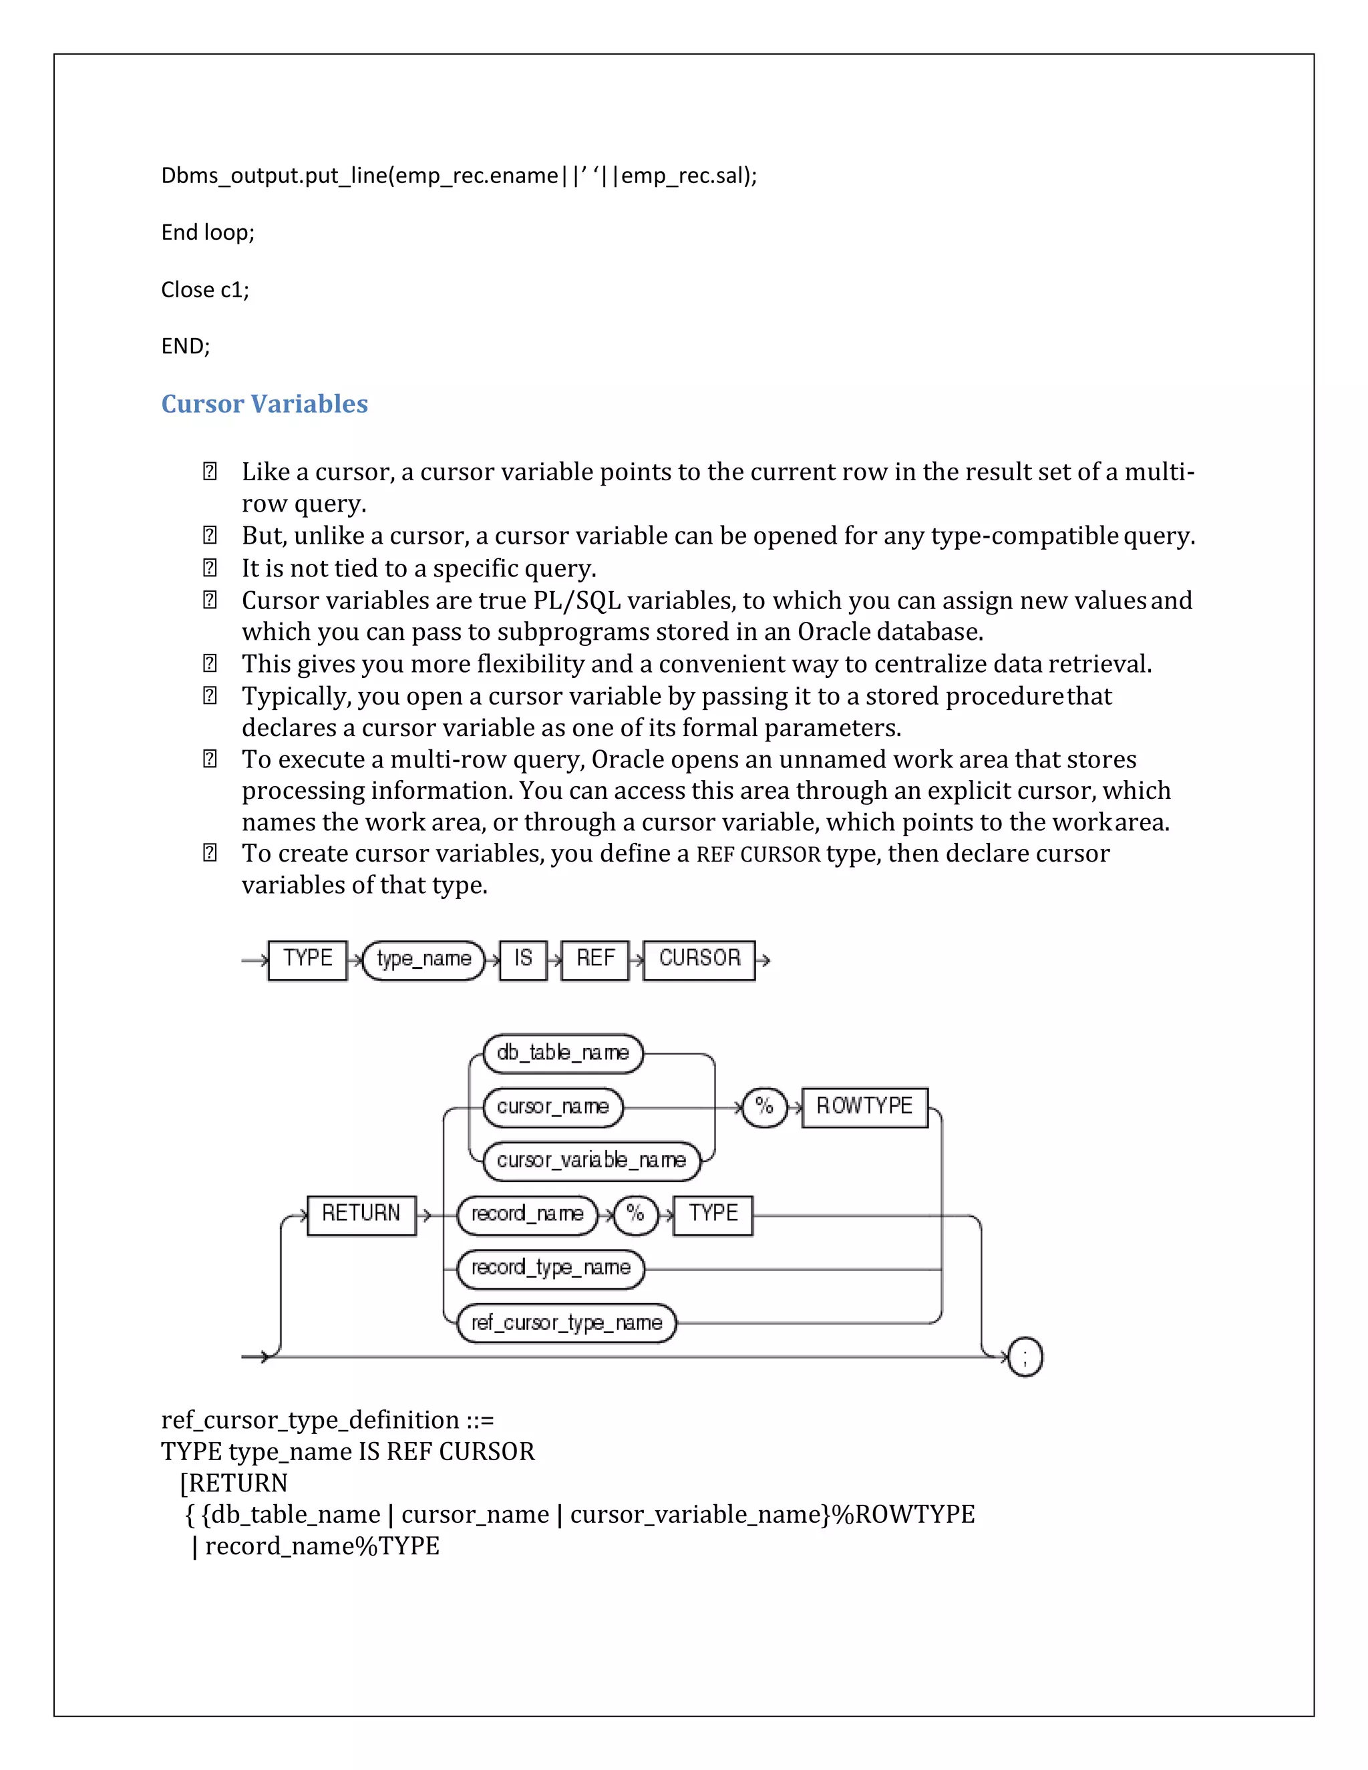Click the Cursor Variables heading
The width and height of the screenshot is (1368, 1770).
pyautogui.click(x=265, y=403)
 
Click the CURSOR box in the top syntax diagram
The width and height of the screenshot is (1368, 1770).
pyautogui.click(x=699, y=960)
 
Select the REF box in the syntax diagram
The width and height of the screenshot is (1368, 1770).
pyautogui.click(x=595, y=960)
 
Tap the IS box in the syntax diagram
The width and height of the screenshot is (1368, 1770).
pyautogui.click(x=523, y=960)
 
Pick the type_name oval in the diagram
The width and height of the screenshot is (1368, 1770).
pyautogui.click(x=423, y=960)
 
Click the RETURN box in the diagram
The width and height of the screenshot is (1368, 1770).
pyautogui.click(x=361, y=1215)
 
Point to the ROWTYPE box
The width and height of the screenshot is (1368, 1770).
pyautogui.click(x=864, y=1107)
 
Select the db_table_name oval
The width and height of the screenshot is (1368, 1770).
pyautogui.click(x=562, y=1053)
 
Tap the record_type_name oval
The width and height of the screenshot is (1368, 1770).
pyautogui.click(x=550, y=1268)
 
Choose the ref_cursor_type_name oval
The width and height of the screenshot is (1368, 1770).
pyautogui.click(x=566, y=1323)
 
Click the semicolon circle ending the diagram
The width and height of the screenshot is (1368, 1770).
pyautogui.click(x=1025, y=1357)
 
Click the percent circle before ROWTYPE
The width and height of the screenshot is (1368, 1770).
pyautogui.click(x=764, y=1107)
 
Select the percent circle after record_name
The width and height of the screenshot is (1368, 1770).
pyautogui.click(x=635, y=1215)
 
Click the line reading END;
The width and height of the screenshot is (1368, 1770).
pyautogui.click(x=186, y=346)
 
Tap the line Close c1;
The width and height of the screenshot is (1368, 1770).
pyautogui.click(x=205, y=289)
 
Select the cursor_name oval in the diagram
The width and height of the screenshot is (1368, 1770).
pyautogui.click(x=552, y=1107)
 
